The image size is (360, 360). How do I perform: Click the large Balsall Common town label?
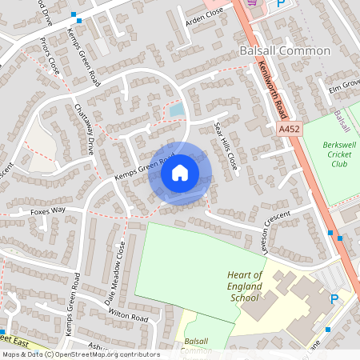click(284, 50)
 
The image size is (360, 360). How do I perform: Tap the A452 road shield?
click(289, 128)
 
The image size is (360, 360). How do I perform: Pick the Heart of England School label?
click(245, 286)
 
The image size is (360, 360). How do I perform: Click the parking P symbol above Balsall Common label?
click(280, 4)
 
